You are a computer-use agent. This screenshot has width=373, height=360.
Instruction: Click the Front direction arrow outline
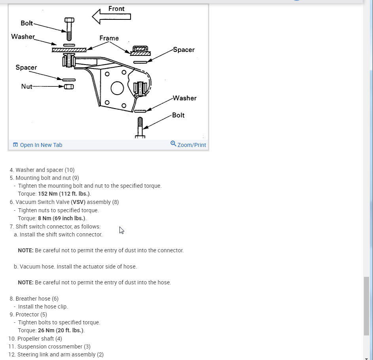pos(112,16)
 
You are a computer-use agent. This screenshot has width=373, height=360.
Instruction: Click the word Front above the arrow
pos(116,9)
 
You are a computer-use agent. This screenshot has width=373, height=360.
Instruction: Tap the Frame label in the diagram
pos(109,38)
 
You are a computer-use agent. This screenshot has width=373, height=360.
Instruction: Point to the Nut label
pos(27,86)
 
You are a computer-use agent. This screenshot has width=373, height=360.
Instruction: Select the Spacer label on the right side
pos(184,50)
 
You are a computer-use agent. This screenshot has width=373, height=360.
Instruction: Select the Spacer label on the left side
pos(26,67)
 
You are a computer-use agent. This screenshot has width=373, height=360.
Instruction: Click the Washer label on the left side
pos(23,36)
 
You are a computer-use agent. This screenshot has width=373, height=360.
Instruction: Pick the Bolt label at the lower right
pos(178,115)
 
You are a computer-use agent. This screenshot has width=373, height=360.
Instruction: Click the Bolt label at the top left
pos(27,23)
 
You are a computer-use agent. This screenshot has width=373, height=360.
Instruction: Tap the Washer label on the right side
pos(184,98)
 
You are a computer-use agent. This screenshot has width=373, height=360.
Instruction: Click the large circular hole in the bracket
pos(117,88)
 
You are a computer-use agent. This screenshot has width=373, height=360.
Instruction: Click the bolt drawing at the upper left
pos(69,29)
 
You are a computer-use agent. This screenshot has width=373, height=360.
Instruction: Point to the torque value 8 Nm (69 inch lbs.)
pos(62,218)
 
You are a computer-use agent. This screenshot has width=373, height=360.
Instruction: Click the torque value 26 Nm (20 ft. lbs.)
pos(61,330)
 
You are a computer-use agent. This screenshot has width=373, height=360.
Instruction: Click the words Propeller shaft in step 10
pos(34,339)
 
